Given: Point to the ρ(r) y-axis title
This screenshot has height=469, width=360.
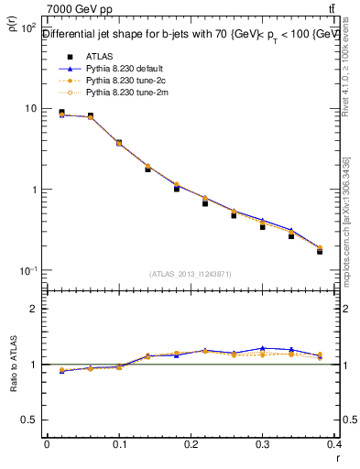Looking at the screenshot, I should pos(12,27).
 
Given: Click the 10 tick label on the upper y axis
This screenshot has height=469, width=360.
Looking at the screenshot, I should pos(27,109).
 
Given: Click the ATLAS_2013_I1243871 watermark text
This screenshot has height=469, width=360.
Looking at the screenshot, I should pos(191,274).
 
